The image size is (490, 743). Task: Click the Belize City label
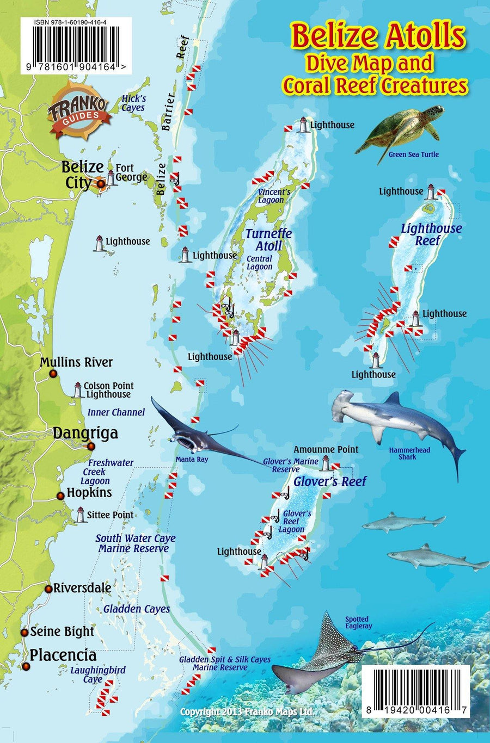tap(82, 174)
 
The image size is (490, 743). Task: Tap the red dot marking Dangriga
tap(91, 447)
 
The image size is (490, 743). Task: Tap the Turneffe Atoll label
tap(268, 239)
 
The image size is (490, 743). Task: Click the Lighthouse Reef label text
tap(431, 234)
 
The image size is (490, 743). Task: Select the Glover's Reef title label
tap(330, 481)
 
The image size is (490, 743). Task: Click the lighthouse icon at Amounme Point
tap(326, 463)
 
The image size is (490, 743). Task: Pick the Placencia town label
tap(63, 655)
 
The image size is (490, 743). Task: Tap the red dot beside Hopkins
tap(60, 496)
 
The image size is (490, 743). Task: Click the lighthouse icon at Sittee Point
tap(81, 515)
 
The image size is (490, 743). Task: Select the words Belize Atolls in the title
tap(378, 36)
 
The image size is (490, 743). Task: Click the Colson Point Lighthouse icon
tap(78, 390)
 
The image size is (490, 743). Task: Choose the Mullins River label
tap(76, 362)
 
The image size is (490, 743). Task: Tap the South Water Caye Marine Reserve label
tap(135, 543)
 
